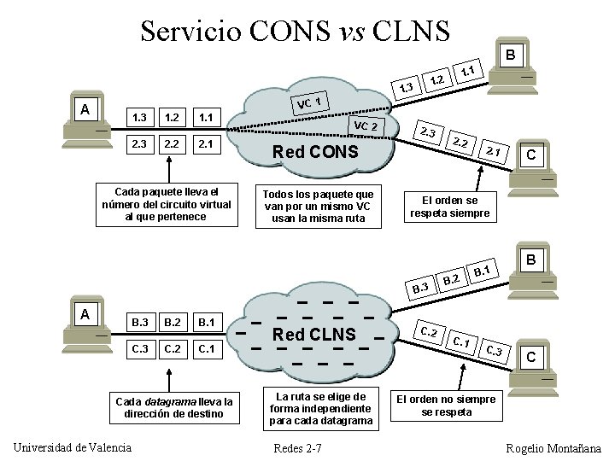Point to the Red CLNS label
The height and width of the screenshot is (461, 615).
click(313, 334)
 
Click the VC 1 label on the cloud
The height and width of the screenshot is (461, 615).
click(308, 103)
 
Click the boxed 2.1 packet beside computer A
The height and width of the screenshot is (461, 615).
click(204, 143)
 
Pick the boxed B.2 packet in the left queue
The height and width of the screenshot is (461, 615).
click(171, 323)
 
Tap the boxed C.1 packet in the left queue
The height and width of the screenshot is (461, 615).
click(204, 349)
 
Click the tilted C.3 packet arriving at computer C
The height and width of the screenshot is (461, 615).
click(494, 350)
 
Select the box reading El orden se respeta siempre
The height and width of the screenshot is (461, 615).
click(449, 207)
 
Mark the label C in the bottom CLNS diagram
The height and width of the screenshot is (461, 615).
click(531, 356)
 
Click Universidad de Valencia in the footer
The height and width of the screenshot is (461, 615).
click(73, 448)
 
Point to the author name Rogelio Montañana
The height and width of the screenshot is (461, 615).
click(553, 448)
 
